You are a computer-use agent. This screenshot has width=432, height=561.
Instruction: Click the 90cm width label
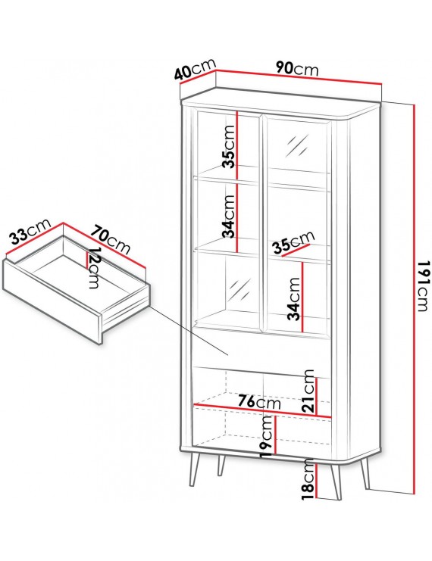click(x=297, y=68)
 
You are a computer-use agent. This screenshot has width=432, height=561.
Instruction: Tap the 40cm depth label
click(x=196, y=69)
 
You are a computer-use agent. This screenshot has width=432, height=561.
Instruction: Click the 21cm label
click(x=308, y=391)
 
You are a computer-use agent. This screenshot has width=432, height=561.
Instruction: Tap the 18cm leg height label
click(x=308, y=479)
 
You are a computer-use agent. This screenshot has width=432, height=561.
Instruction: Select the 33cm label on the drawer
click(x=30, y=231)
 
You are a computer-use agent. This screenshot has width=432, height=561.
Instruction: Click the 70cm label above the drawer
click(x=110, y=239)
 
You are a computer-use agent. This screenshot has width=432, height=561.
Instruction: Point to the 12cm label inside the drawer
click(x=94, y=267)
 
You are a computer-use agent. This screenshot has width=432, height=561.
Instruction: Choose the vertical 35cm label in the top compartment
click(x=229, y=146)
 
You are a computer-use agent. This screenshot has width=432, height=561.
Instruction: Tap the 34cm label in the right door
click(x=294, y=299)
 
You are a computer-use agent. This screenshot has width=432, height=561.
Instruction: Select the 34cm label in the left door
click(x=229, y=217)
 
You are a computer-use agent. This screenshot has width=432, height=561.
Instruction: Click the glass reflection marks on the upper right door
click(x=297, y=146)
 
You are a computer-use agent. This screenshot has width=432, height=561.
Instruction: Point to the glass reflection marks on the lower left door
click(x=239, y=291)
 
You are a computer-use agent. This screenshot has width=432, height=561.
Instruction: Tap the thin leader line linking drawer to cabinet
click(x=189, y=331)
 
